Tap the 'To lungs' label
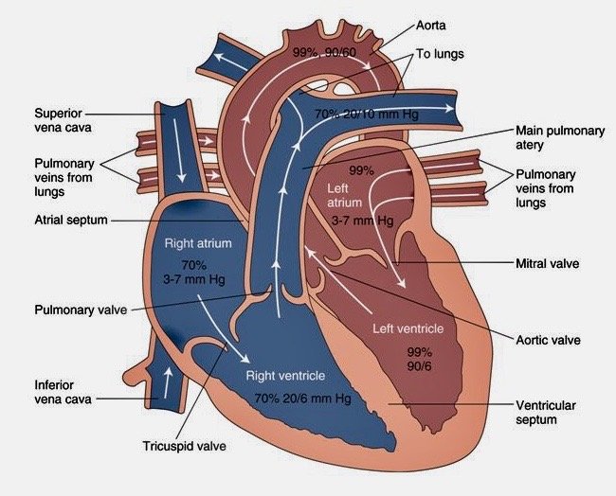point(443,54)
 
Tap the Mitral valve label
point(547,264)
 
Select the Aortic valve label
point(548,339)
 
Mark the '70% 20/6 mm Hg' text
point(303,399)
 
